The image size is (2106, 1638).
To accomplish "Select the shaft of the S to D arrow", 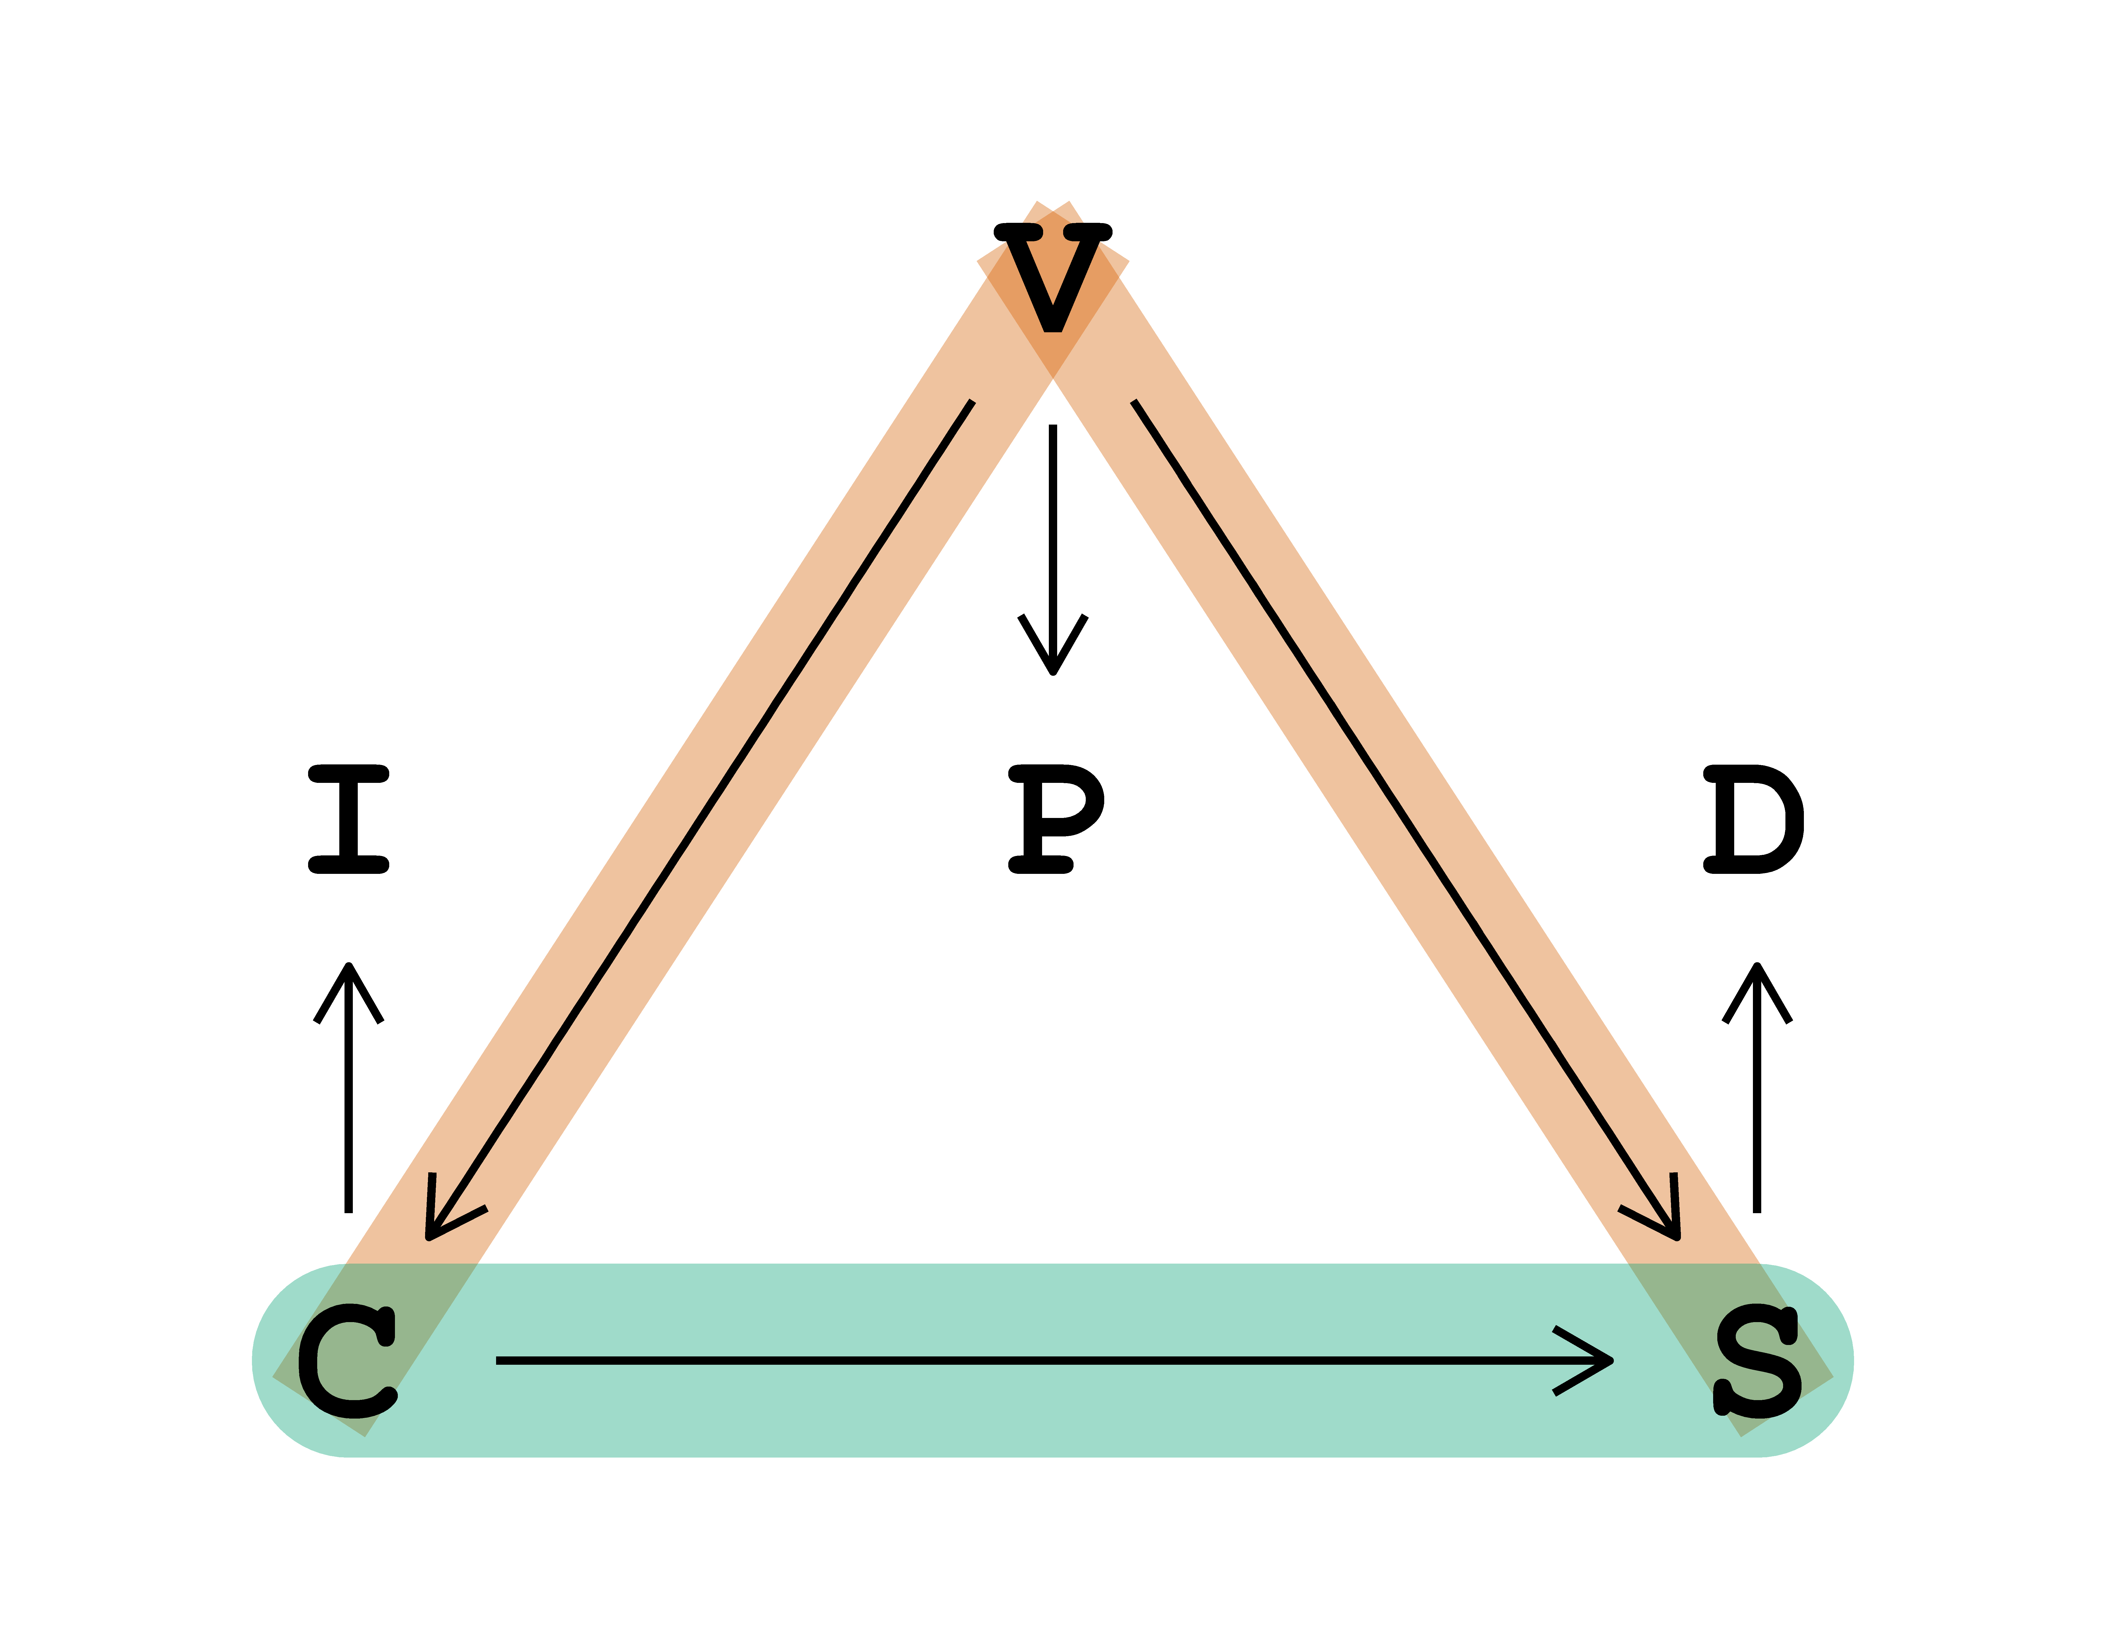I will click(x=1757, y=1109).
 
